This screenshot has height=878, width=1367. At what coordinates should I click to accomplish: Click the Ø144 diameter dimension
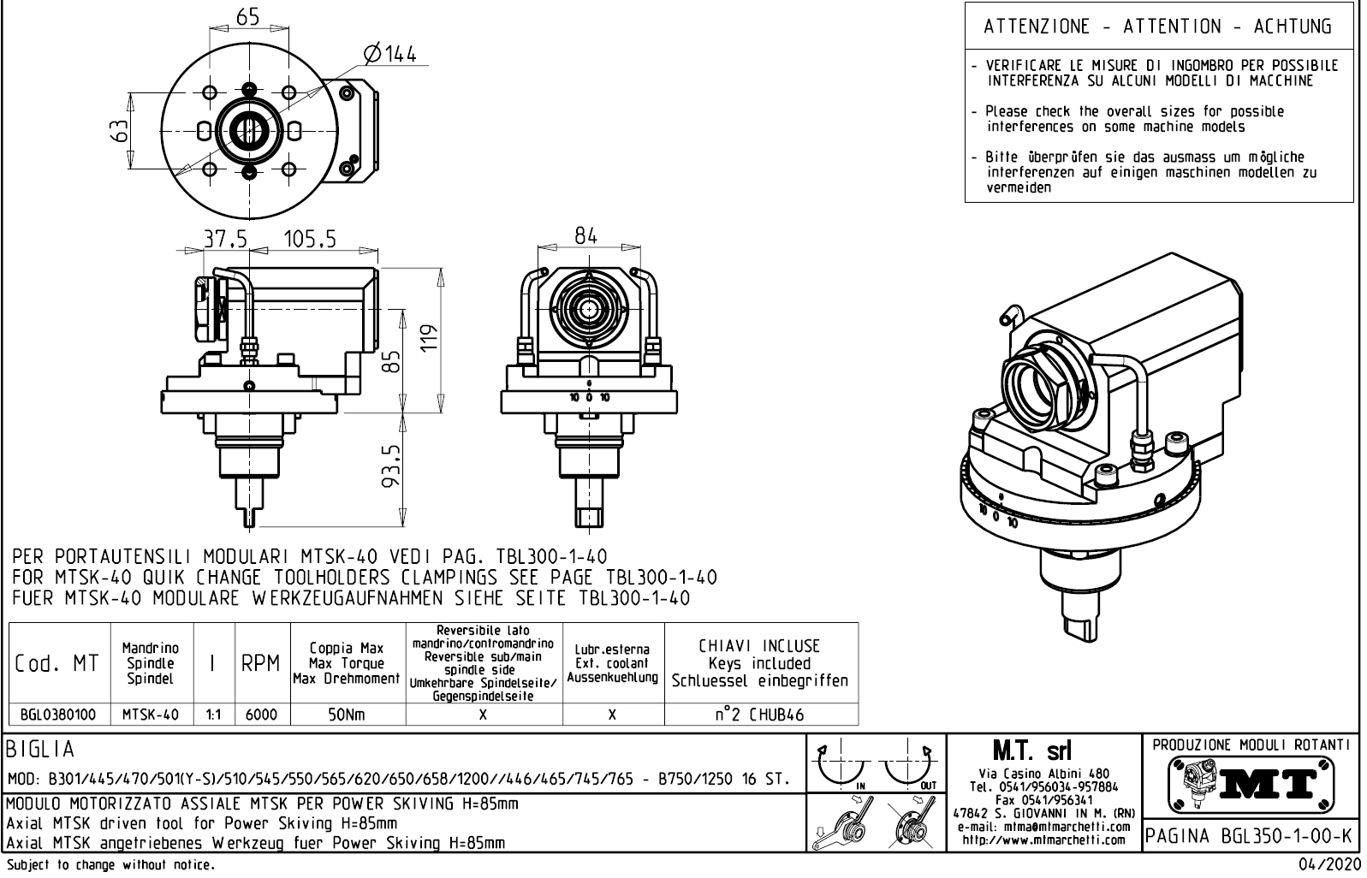point(389,55)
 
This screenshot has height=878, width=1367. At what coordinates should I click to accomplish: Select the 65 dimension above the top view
point(247,16)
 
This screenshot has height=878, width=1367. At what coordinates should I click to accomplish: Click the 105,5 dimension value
point(310,240)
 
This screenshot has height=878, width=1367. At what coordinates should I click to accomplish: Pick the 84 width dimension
point(585,236)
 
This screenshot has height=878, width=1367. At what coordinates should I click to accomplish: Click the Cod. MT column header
point(57,663)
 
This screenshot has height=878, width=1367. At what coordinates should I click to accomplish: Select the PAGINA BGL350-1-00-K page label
point(1249,835)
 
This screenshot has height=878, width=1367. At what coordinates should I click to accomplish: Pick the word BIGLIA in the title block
point(41,750)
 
